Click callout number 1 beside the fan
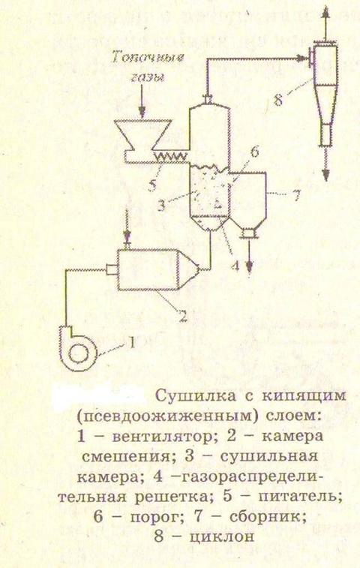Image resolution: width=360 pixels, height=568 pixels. (132, 341)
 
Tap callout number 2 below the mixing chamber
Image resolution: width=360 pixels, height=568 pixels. (183, 316)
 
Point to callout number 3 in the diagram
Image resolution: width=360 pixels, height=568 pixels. (161, 205)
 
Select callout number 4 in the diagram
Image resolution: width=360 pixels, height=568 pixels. (235, 266)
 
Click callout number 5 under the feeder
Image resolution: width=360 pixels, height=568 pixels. (152, 185)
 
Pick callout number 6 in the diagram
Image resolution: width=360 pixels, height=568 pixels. (254, 152)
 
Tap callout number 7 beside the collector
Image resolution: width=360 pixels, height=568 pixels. (296, 196)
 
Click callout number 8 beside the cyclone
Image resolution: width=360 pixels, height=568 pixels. (277, 100)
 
